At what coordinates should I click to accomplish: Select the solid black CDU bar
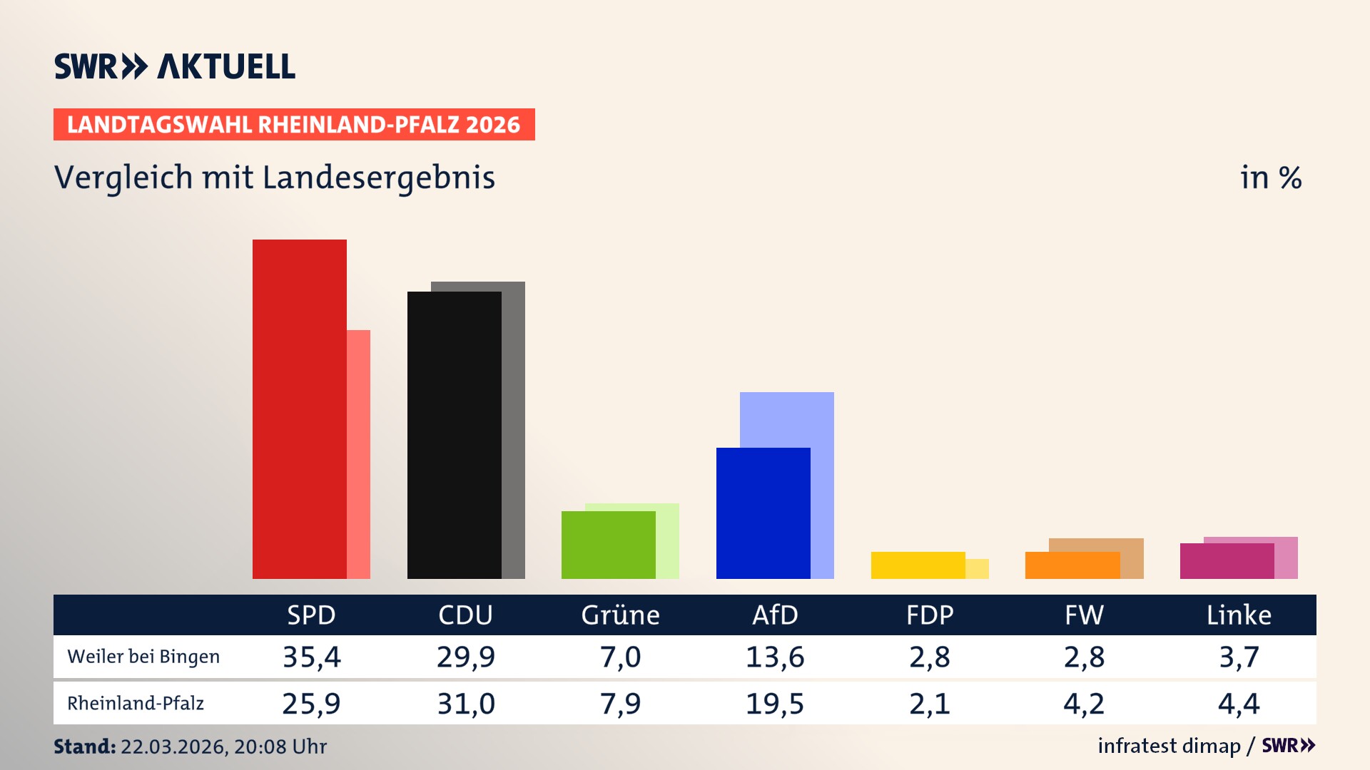pos(455,435)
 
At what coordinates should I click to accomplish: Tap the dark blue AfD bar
pos(763,513)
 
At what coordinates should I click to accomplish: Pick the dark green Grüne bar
pos(609,545)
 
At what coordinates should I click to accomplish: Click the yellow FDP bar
pos(918,565)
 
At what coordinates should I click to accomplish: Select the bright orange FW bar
pos(1072,565)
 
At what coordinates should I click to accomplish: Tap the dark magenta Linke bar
pos(1227,560)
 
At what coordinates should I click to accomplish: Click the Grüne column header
pos(620,615)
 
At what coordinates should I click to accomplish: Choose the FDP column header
pos(930,615)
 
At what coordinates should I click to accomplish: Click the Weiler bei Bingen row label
pos(143,657)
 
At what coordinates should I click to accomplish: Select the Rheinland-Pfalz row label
pos(136,704)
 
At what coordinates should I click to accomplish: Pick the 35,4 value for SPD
pos(311,657)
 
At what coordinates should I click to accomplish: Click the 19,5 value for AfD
pos(775,704)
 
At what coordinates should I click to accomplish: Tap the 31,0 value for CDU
pos(466,704)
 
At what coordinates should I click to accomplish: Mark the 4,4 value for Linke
pos(1239,704)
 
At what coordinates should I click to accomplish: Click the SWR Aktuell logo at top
pos(175,66)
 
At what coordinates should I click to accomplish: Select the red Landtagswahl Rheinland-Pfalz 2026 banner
pos(294,125)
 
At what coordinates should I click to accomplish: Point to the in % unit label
pos(1271,178)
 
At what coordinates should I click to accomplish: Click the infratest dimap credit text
pos(1169,746)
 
